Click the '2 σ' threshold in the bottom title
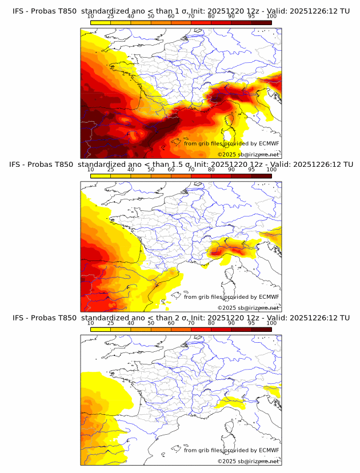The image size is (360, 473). pos(178,318)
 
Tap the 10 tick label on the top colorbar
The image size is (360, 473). pos(90,17)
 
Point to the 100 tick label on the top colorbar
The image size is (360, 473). pos(271,17)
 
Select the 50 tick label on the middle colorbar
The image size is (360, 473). pos(151,170)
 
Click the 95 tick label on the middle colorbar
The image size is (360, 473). pos(251,170)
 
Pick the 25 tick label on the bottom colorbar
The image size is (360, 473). pos(110,323)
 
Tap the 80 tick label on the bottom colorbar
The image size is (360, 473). pos(211,323)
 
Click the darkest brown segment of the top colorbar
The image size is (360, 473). pos(261,22)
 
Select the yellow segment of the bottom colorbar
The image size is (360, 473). pos(100,328)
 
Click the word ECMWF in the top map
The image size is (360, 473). pos(269,143)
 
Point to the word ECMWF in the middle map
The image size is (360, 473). pos(269,296)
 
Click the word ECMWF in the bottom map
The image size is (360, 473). pos(269,450)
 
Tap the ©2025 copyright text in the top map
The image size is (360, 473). pos(226,154)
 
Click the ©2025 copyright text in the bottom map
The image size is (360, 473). pos(226,460)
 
